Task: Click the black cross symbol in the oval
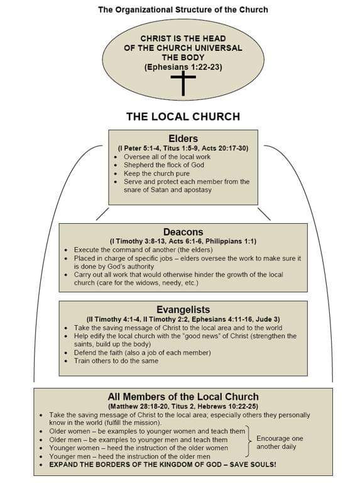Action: (x=183, y=82)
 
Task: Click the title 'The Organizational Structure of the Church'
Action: (x=182, y=9)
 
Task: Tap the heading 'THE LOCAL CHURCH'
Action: (x=182, y=116)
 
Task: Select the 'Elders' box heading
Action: (x=183, y=138)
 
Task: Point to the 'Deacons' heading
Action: (x=183, y=231)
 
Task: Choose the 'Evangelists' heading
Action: (x=183, y=310)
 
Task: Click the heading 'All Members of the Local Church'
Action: (x=183, y=397)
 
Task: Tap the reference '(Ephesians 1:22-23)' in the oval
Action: (x=183, y=66)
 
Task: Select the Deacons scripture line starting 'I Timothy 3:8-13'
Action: (x=183, y=241)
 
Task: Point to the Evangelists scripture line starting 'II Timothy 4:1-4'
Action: (x=183, y=319)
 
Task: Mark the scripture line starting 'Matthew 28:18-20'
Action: (x=183, y=406)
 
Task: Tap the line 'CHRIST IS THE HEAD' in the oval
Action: (x=183, y=38)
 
